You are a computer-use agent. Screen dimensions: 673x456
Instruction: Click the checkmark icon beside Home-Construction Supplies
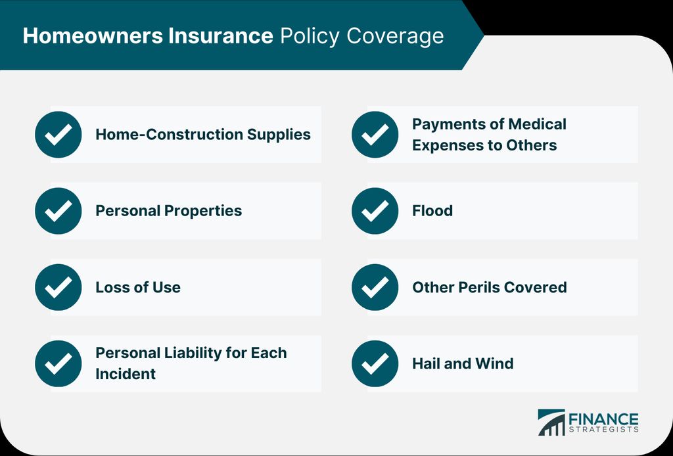point(58,134)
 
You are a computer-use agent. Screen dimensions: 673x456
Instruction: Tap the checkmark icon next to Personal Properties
point(58,211)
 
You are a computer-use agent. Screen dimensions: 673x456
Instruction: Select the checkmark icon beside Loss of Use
point(58,287)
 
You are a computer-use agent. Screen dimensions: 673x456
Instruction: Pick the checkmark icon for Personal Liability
point(58,363)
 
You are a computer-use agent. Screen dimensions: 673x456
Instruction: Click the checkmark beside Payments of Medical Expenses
point(375,134)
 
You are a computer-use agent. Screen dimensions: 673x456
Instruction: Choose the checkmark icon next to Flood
point(375,211)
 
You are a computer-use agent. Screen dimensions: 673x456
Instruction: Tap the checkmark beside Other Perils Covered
point(375,287)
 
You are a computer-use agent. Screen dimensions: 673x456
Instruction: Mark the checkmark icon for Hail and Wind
point(375,363)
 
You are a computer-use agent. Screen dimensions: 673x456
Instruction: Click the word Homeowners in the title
point(93,35)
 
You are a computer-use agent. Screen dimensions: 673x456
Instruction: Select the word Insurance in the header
point(221,35)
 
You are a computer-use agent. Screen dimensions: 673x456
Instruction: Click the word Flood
point(432,211)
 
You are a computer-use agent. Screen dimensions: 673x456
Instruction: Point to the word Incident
point(126,374)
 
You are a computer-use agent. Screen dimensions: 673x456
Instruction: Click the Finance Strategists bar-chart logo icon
point(551,422)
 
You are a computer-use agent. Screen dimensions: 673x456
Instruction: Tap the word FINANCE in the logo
point(603,419)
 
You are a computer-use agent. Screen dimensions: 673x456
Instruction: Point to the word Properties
point(203,212)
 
